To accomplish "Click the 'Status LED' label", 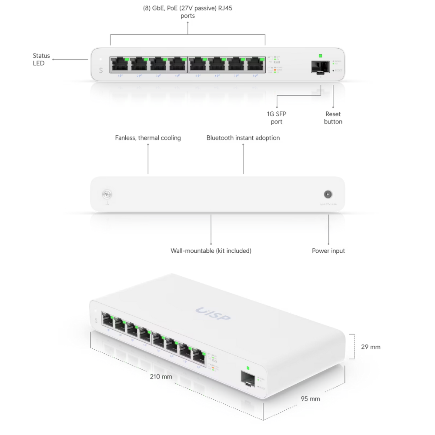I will click(x=41, y=59).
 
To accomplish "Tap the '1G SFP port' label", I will click(x=277, y=118).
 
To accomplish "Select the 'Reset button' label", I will click(x=333, y=118).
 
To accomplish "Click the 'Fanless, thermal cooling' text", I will click(x=148, y=138).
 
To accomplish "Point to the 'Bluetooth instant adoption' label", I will click(x=243, y=138).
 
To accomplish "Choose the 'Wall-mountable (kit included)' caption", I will click(x=211, y=251).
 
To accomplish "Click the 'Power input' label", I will click(x=328, y=251).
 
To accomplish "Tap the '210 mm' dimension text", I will click(x=161, y=377).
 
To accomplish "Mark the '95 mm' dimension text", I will click(x=310, y=399).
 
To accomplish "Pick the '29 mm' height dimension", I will click(x=371, y=347).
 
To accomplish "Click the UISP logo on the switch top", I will click(x=213, y=313).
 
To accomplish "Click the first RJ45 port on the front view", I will click(x=120, y=64).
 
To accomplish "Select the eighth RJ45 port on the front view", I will click(x=256, y=64).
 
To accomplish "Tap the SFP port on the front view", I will click(x=320, y=67).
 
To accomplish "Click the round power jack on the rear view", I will click(x=328, y=194).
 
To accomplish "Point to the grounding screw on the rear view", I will click(x=106, y=194).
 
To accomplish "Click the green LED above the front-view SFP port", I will click(x=321, y=56).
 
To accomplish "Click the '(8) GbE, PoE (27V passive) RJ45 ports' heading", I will click(x=188, y=12).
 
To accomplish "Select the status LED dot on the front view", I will click(x=100, y=59).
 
